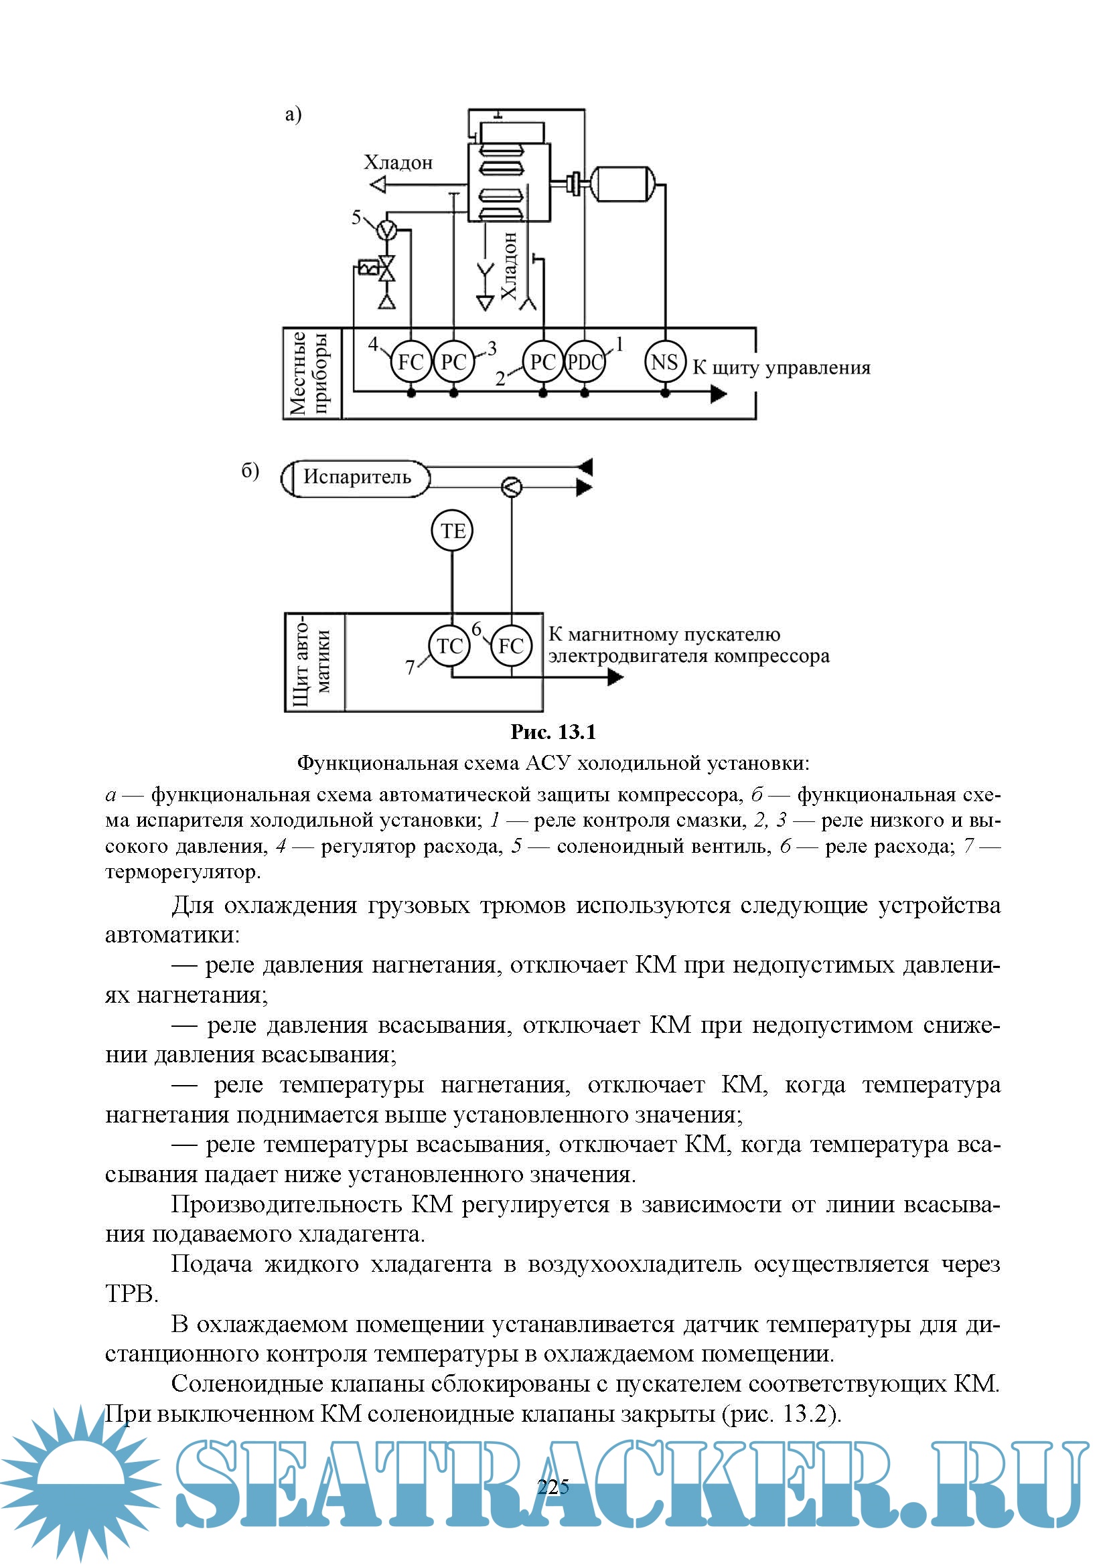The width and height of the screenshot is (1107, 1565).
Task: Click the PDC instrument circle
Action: [x=585, y=362]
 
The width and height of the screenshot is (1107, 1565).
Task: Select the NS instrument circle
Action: [x=664, y=362]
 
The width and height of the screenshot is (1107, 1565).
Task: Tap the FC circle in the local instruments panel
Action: [x=411, y=362]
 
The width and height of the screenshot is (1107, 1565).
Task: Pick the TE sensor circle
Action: [x=452, y=531]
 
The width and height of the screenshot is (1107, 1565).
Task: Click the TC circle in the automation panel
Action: [x=449, y=645]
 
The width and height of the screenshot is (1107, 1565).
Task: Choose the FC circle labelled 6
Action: [x=511, y=645]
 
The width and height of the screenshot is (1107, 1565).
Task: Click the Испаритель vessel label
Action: [x=357, y=477]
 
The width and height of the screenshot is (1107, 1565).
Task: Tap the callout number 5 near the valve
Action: [x=356, y=218]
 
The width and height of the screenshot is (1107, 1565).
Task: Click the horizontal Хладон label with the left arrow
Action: [x=398, y=163]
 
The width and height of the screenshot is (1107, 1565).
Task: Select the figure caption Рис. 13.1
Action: [x=553, y=732]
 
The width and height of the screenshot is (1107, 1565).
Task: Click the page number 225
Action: [x=553, y=1487]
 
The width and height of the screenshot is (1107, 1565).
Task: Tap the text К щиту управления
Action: [x=782, y=368]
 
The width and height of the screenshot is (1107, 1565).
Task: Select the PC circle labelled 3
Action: [x=453, y=362]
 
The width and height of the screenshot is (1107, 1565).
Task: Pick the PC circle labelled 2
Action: [x=542, y=362]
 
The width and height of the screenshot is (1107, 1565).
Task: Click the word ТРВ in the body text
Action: [x=131, y=1293]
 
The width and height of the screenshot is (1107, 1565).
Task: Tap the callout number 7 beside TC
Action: [x=410, y=668]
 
